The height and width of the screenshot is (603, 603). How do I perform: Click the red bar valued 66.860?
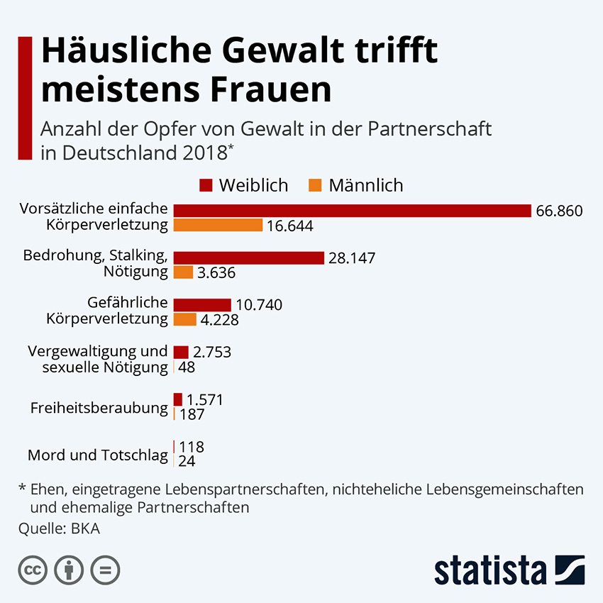pyautogui.click(x=352, y=211)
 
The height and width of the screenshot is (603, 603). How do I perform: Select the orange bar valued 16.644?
pyautogui.click(x=218, y=226)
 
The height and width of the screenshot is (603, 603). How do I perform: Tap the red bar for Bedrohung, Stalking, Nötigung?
pyautogui.click(x=248, y=258)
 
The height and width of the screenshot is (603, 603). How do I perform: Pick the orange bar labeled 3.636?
pyautogui.click(x=183, y=272)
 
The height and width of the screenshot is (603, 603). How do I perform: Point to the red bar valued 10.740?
pyautogui.click(x=202, y=305)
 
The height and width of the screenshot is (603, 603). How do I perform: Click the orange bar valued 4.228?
pyautogui.click(x=184, y=319)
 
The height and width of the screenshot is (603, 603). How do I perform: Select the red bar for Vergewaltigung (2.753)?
pyautogui.click(x=181, y=352)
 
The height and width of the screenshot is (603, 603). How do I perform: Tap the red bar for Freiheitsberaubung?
pyautogui.click(x=177, y=399)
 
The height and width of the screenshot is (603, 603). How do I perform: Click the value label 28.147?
pyautogui.click(x=352, y=258)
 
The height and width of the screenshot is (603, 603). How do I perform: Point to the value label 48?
pyautogui.click(x=187, y=367)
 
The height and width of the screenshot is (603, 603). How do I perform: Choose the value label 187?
pyautogui.click(x=192, y=414)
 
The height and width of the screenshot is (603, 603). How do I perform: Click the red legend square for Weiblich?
pyautogui.click(x=206, y=186)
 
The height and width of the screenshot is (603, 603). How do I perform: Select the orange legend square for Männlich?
pyautogui.click(x=316, y=186)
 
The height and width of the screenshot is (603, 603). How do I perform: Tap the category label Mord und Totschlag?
pyautogui.click(x=98, y=455)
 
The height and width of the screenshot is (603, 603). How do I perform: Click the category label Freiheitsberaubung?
pyautogui.click(x=99, y=408)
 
